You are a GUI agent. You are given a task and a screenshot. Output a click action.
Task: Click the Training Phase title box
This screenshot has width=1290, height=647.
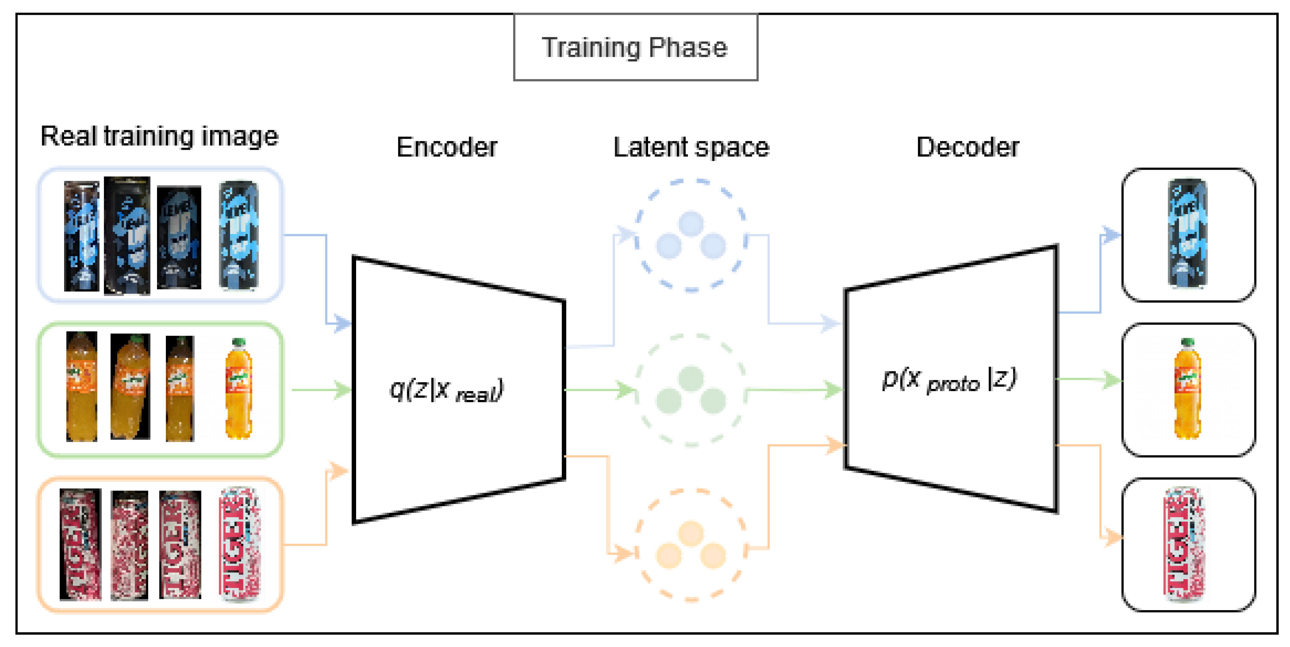(x=635, y=48)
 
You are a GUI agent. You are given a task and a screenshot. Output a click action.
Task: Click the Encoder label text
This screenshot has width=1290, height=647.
(x=447, y=147)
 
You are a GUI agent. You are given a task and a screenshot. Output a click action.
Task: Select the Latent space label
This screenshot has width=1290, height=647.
(x=691, y=147)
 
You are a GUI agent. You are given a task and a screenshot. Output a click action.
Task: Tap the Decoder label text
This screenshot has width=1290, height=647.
(x=967, y=147)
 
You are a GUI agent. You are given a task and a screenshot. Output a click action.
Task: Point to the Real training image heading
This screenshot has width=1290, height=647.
(x=159, y=136)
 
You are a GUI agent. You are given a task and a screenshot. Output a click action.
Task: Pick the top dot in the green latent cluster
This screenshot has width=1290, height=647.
(x=691, y=378)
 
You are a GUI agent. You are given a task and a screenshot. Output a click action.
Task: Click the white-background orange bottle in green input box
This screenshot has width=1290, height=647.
(x=239, y=389)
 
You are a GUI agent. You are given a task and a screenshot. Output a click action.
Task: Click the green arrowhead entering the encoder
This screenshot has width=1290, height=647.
(x=343, y=390)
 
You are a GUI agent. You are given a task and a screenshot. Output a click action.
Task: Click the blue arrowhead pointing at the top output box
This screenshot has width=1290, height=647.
(x=1112, y=234)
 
